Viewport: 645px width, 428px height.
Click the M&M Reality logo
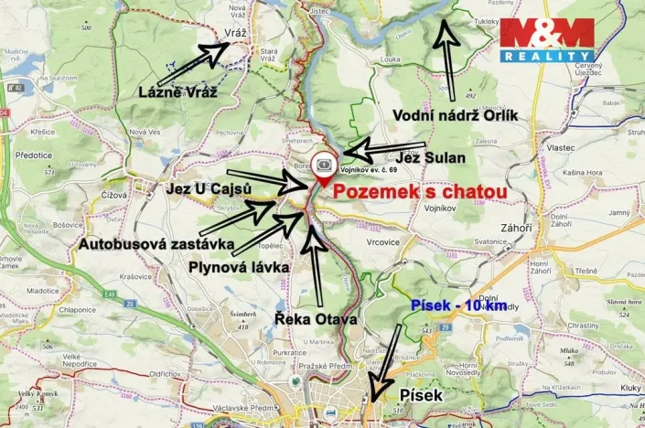point(545,39)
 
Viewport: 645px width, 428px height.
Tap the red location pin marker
point(325,167)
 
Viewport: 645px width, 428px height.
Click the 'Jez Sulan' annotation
point(431,157)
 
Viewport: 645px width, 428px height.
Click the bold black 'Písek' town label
point(422,395)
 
